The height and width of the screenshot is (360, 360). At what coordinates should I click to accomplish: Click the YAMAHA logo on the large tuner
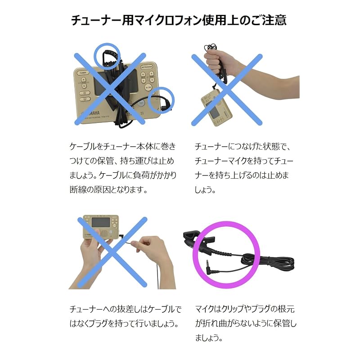(x=91, y=113)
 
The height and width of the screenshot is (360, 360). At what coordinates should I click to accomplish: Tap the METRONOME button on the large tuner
(x=147, y=67)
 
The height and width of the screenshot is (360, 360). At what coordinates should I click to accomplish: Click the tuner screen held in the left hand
(x=101, y=222)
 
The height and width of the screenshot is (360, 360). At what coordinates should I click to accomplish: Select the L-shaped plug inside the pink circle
(x=211, y=266)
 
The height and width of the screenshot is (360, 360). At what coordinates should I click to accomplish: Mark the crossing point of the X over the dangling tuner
(x=227, y=90)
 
